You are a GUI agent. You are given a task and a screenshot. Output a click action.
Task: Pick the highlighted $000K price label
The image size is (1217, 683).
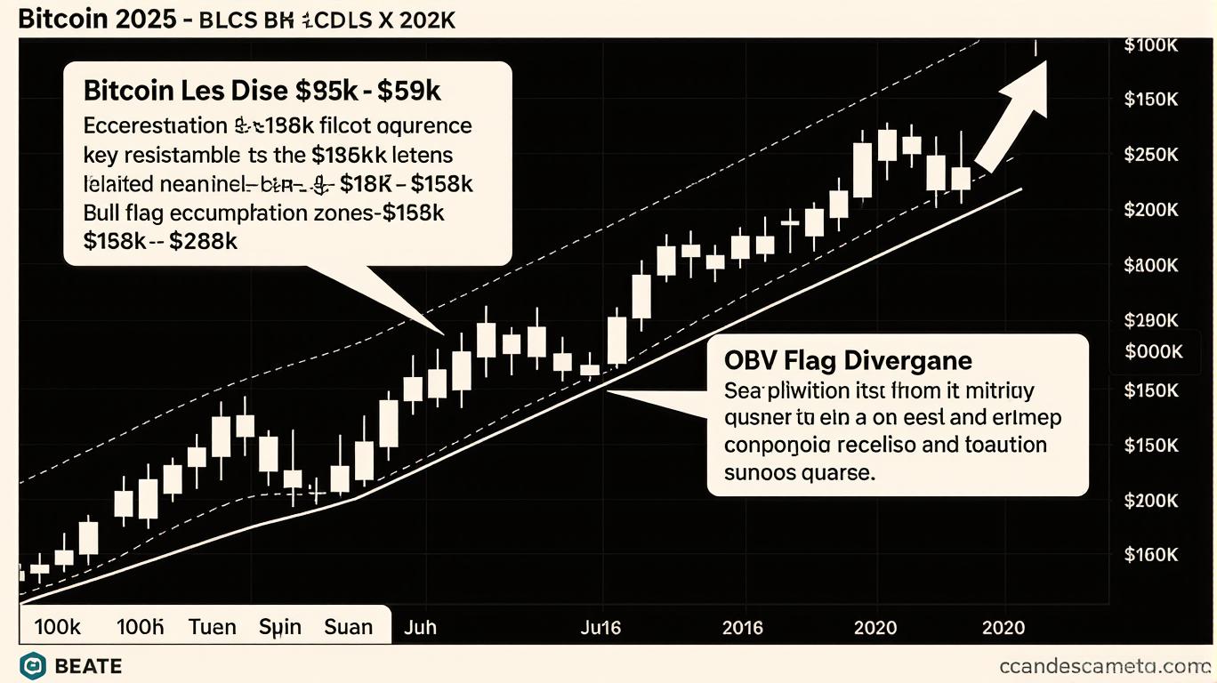pos(1153,352)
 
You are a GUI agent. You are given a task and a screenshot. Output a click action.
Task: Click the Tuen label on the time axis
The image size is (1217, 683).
pos(213,627)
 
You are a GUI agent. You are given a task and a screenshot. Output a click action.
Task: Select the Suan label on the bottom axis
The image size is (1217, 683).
pos(348,627)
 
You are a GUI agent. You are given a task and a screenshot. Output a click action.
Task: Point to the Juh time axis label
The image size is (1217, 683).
pos(420,627)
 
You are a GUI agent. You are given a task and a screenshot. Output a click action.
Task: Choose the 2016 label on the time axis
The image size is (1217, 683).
pos(742,627)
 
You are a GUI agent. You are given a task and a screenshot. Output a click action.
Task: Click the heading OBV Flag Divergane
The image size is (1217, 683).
pos(848,360)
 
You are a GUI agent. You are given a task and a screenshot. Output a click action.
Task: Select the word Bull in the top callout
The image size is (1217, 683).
pos(106,213)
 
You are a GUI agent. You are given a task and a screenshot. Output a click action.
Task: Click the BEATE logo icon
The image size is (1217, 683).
pos(33,665)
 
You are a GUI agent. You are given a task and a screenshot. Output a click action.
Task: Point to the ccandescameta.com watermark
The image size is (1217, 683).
pos(1101,665)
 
